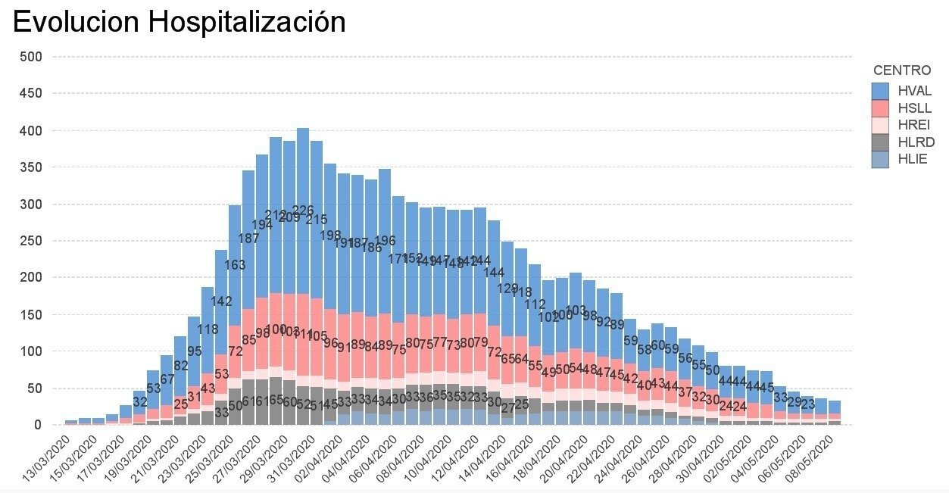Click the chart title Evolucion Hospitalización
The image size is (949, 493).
point(179,22)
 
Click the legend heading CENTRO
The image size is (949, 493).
point(901,70)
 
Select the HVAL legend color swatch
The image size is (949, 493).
point(879,90)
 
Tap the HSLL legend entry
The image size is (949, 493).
point(913,108)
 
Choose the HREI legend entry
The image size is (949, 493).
point(913,125)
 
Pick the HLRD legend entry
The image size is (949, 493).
point(915,142)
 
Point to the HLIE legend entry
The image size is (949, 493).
point(912,159)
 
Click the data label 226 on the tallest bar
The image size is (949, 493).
point(303,210)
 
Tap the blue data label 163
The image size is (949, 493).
point(235,265)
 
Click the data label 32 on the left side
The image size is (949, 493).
point(140,401)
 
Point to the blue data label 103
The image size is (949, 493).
point(576,310)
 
